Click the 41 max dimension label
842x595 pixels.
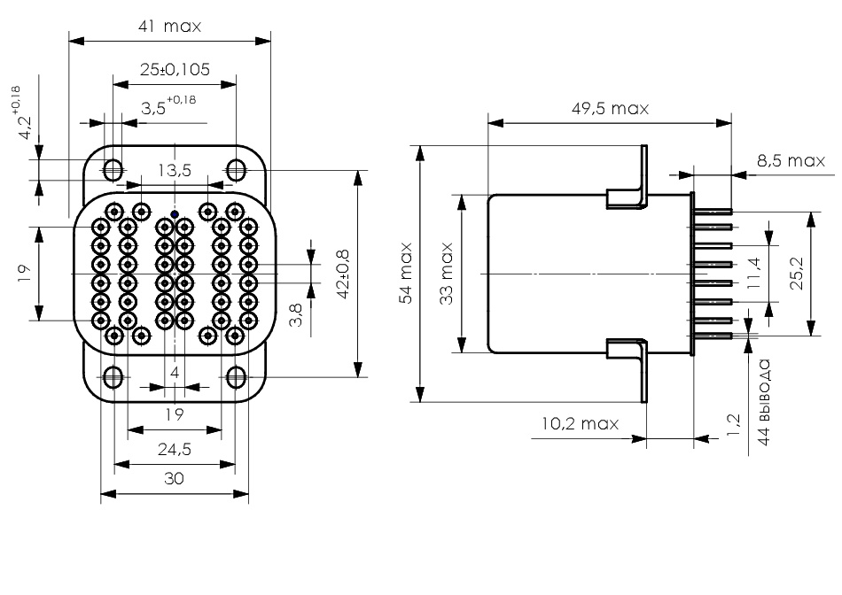(169, 27)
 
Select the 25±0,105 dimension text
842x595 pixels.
(175, 70)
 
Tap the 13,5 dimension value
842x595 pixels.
(175, 171)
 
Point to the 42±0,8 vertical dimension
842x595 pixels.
(343, 273)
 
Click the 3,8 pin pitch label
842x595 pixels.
(296, 314)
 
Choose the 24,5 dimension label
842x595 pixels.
(175, 449)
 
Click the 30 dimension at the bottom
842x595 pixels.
(174, 478)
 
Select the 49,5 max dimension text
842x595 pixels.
(610, 108)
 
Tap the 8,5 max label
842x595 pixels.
(791, 160)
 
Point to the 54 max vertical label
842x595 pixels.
(406, 273)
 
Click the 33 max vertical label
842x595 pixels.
(447, 274)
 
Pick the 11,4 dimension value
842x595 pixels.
(754, 273)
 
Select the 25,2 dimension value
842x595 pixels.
(797, 273)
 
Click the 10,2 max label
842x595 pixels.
(580, 424)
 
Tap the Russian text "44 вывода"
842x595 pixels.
(764, 402)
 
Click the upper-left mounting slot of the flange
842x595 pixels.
(113, 170)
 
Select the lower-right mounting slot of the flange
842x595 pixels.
(236, 377)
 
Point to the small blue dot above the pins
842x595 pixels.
(175, 214)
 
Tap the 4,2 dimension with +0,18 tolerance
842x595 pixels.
(20, 113)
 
